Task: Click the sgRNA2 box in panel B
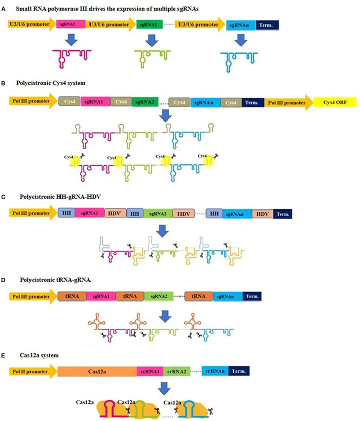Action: point(145,102)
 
